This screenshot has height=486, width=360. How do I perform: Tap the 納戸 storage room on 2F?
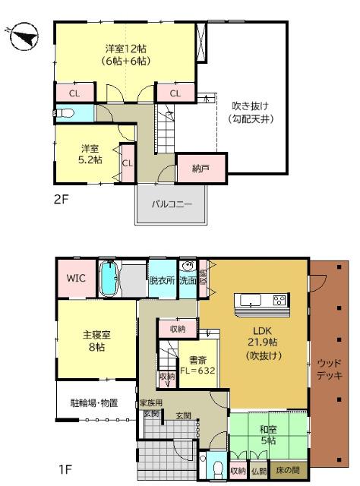[x=201, y=168]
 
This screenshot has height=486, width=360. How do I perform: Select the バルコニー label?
[x=172, y=204]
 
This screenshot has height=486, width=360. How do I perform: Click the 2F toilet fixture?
[x=65, y=113]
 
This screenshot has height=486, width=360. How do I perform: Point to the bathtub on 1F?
[x=109, y=278]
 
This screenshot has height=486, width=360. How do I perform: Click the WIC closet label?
[x=76, y=278]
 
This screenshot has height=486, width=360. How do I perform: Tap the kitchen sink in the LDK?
[x=250, y=300]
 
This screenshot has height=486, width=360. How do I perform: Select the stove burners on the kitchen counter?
[x=279, y=300]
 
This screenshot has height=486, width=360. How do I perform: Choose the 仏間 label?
[x=260, y=471]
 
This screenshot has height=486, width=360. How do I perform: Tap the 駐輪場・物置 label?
[x=94, y=403]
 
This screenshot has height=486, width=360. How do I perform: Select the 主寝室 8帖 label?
[x=96, y=341]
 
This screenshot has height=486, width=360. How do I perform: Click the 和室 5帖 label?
[x=268, y=434]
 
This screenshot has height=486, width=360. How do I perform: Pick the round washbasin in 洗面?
[x=188, y=267]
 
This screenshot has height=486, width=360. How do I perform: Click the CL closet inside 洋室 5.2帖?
[x=128, y=163]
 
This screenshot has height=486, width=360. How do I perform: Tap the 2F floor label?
[x=61, y=199]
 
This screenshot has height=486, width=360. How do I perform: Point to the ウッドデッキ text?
[x=330, y=369]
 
